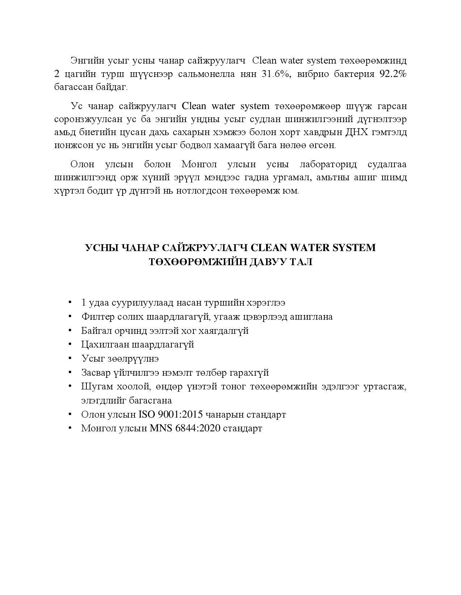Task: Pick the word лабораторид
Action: [x=328, y=165]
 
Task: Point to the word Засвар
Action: [x=96, y=372]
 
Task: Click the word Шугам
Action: [x=96, y=387]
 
